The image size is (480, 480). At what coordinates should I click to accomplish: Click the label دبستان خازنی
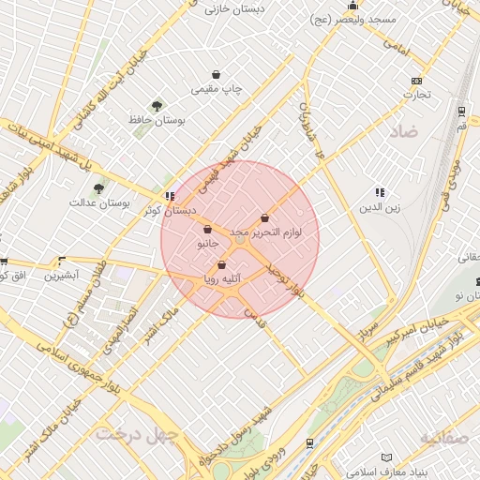point(235,8)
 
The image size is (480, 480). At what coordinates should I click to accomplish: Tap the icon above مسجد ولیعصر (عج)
point(352,6)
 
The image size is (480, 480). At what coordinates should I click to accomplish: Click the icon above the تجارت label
point(416,81)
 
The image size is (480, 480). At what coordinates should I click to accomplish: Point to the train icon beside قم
point(462,110)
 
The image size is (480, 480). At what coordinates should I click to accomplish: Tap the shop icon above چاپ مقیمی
point(217,75)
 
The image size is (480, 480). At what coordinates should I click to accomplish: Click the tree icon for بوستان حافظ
point(157,107)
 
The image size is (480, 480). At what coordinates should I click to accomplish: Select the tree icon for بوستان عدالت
point(98,188)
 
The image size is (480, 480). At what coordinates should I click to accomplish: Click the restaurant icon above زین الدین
point(380,192)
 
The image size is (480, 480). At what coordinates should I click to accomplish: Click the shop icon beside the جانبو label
point(206,230)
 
